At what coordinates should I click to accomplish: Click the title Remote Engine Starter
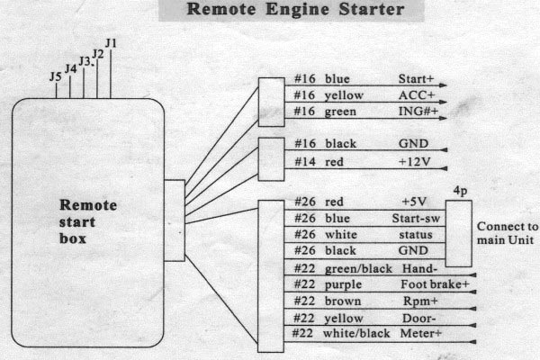click(295, 9)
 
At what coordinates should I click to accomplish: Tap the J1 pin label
click(111, 43)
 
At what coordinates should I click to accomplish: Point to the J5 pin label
click(56, 76)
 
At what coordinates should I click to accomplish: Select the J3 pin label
click(85, 61)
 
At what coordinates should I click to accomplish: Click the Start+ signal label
click(416, 79)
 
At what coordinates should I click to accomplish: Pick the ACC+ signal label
click(417, 95)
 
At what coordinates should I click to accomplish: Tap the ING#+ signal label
click(418, 112)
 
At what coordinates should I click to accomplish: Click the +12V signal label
click(414, 162)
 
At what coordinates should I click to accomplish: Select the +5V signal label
click(414, 202)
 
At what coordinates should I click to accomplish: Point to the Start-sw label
click(416, 218)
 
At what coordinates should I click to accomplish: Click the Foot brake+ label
click(435, 284)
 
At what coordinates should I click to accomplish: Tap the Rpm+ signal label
click(420, 301)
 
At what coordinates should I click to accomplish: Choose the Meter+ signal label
click(421, 334)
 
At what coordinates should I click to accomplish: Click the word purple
click(344, 285)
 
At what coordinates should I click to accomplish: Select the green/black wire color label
click(358, 269)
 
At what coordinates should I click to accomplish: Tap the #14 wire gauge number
click(305, 162)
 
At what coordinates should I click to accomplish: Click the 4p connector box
click(458, 234)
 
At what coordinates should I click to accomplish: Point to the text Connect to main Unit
click(507, 233)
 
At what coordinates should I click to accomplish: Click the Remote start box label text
click(88, 221)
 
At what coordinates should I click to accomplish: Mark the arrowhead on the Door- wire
click(472, 325)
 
